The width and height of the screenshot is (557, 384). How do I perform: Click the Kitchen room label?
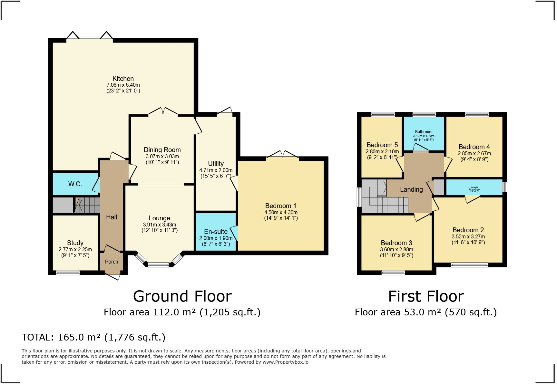click(123, 79)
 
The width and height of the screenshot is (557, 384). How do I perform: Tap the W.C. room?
click(75, 184)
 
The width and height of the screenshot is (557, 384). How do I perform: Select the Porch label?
click(112, 262)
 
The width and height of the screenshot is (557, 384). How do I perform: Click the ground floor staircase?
click(87, 205)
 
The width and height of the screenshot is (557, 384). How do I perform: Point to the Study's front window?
click(68, 273)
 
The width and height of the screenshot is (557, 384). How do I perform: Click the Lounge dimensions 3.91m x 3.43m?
click(160, 225)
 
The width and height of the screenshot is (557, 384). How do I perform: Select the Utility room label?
click(216, 164)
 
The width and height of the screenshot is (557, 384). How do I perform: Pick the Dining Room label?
click(162, 150)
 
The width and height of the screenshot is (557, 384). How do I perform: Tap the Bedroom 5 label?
click(382, 145)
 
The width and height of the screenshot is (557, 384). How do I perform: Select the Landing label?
click(411, 189)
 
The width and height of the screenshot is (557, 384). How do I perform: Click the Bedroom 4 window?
click(477, 114)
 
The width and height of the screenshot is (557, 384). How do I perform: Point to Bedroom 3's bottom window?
click(393, 273)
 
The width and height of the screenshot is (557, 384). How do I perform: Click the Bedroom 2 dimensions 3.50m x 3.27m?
click(468, 236)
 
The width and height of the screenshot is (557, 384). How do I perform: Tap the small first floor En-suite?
click(474, 187)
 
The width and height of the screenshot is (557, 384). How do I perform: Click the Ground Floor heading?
click(182, 296)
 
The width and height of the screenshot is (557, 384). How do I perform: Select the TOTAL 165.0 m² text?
click(93, 337)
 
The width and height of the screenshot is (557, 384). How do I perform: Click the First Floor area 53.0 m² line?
click(425, 312)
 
